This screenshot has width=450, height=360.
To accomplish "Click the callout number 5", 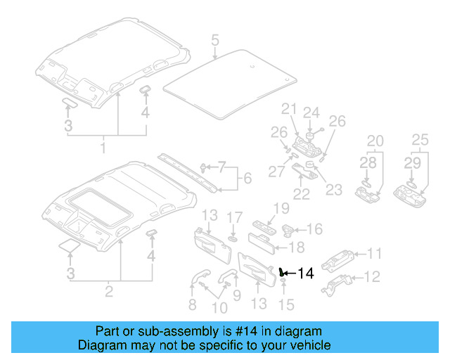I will click(x=215, y=39).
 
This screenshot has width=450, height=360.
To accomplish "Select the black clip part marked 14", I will click(x=282, y=271).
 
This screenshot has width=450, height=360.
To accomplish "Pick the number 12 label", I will click(x=373, y=276).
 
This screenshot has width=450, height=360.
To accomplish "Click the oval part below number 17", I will click(x=234, y=229).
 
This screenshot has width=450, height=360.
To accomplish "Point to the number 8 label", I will click(x=192, y=304).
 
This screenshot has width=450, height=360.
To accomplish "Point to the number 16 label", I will click(x=314, y=229).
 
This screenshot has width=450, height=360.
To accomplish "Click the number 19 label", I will click(x=281, y=207).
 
